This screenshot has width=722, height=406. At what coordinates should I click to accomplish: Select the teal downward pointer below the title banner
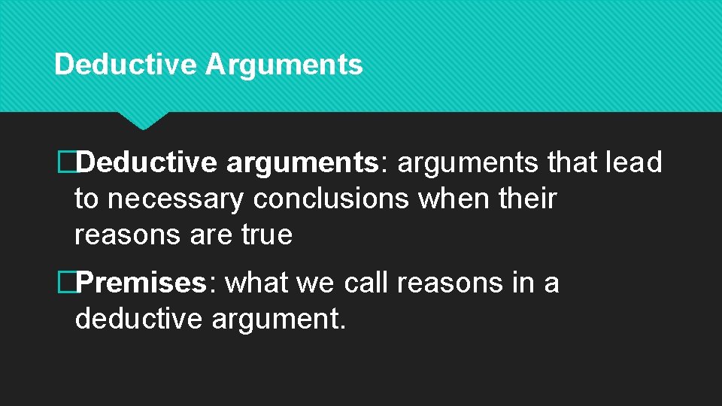(x=143, y=120)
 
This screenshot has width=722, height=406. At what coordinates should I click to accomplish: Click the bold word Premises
(x=141, y=283)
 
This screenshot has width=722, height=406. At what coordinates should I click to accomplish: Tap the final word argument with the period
(x=279, y=320)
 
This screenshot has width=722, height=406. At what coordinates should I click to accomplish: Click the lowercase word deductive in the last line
(x=138, y=320)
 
